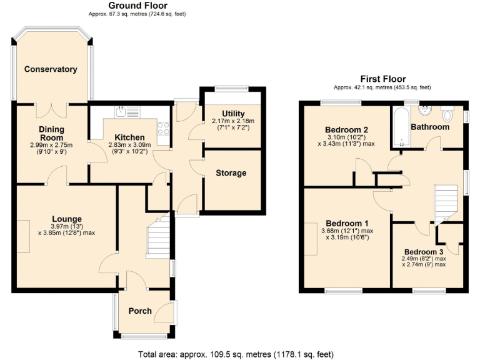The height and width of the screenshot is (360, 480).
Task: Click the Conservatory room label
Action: (51, 69)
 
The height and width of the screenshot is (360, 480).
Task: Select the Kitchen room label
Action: (129, 137)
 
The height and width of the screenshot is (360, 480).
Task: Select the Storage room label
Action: (231, 173)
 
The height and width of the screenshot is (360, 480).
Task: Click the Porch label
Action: (140, 311)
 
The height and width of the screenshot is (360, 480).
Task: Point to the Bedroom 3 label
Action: (423, 252)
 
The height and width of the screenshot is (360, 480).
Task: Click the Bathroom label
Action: (429, 127)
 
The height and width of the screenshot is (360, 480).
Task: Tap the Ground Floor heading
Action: (137, 6)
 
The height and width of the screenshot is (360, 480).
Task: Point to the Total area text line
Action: (240, 354)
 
